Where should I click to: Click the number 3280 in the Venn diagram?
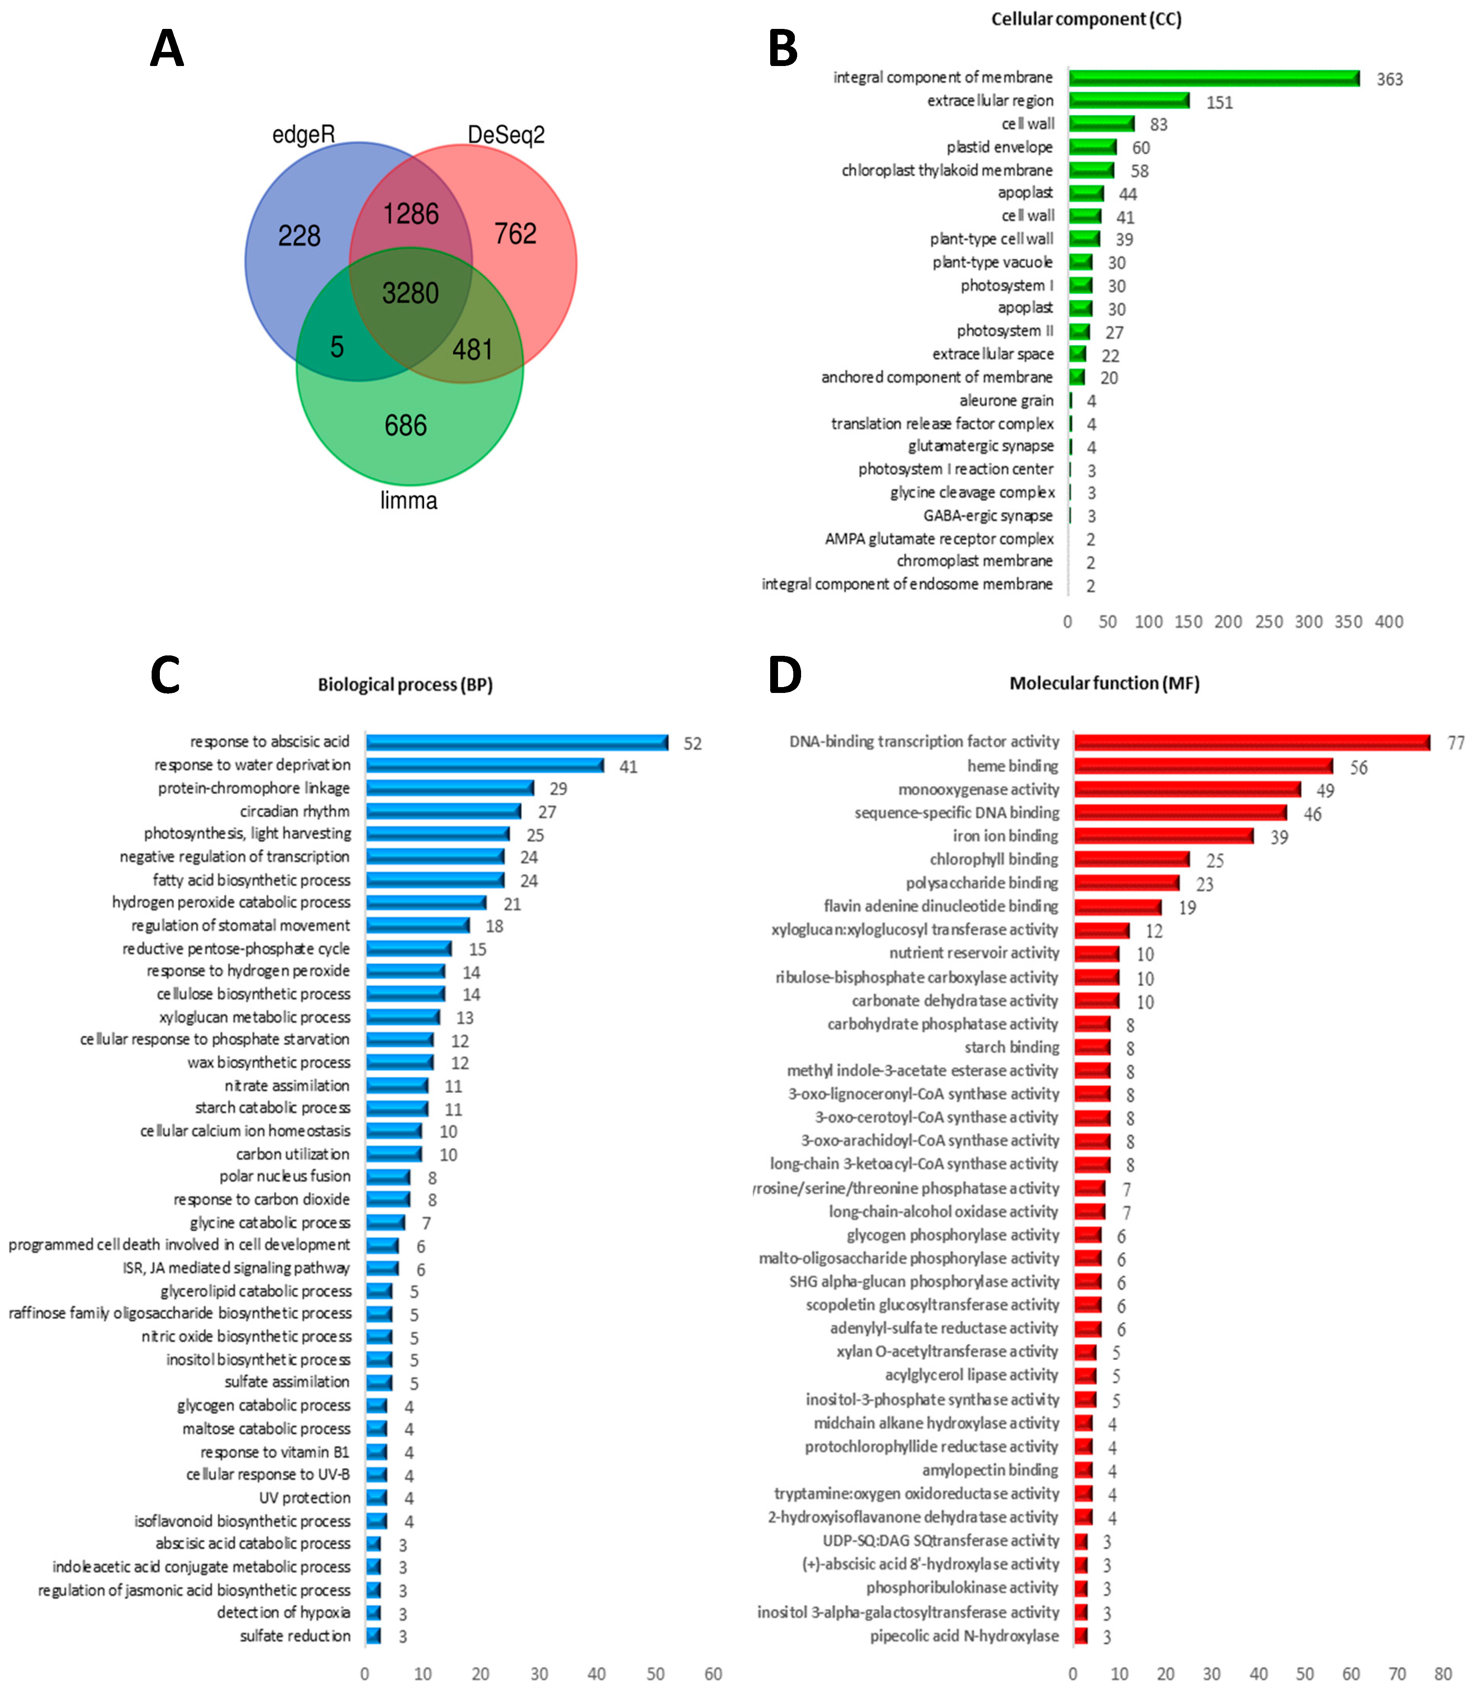[x=410, y=293]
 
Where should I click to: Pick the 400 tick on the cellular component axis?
[x=1388, y=622]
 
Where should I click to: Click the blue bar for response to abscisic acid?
[x=517, y=743]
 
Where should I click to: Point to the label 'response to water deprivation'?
[x=252, y=765]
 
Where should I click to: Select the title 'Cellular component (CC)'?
[x=1086, y=19]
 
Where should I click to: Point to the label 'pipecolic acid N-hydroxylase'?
[x=964, y=1635]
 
